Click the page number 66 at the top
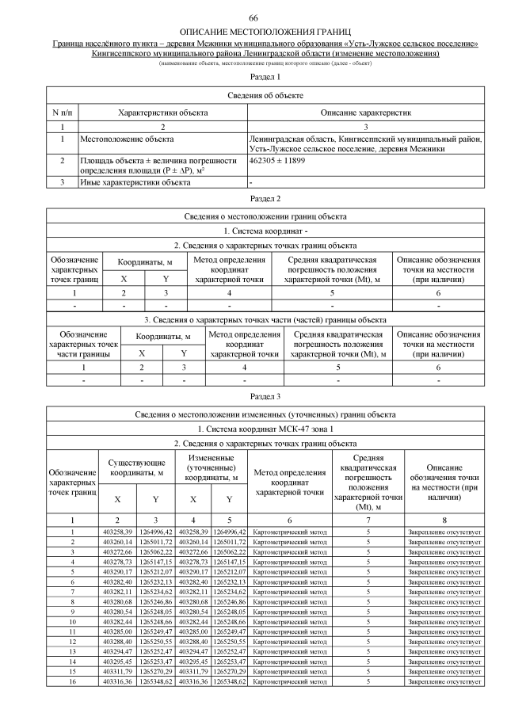tap(253, 17)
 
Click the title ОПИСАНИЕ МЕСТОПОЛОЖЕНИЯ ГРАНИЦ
tap(253, 30)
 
